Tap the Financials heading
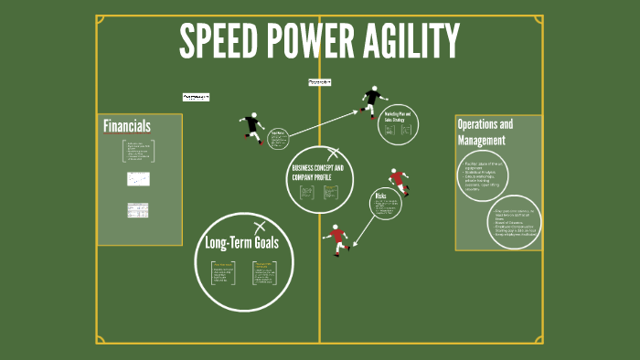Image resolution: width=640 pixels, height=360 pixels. (x=127, y=126)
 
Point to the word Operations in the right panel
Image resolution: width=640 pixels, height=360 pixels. (x=485, y=124)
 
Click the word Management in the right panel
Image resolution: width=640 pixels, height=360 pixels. (x=481, y=141)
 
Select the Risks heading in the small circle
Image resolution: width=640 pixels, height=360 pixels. (x=380, y=196)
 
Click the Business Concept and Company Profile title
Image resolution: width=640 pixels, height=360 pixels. (x=317, y=173)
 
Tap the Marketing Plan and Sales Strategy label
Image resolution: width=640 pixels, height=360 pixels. (x=399, y=115)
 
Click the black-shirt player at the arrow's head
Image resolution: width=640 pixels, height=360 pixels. (x=371, y=100)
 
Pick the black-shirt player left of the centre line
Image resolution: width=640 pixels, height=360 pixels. (x=252, y=126)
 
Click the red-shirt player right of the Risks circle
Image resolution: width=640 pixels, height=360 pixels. (x=398, y=182)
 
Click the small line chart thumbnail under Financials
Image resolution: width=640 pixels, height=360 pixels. (x=138, y=179)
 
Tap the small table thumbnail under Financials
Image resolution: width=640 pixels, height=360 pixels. (x=138, y=210)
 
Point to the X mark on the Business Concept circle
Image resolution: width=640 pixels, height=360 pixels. (x=333, y=154)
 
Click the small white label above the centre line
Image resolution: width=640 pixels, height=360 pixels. (x=320, y=82)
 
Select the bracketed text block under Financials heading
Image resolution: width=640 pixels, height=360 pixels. (x=138, y=151)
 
